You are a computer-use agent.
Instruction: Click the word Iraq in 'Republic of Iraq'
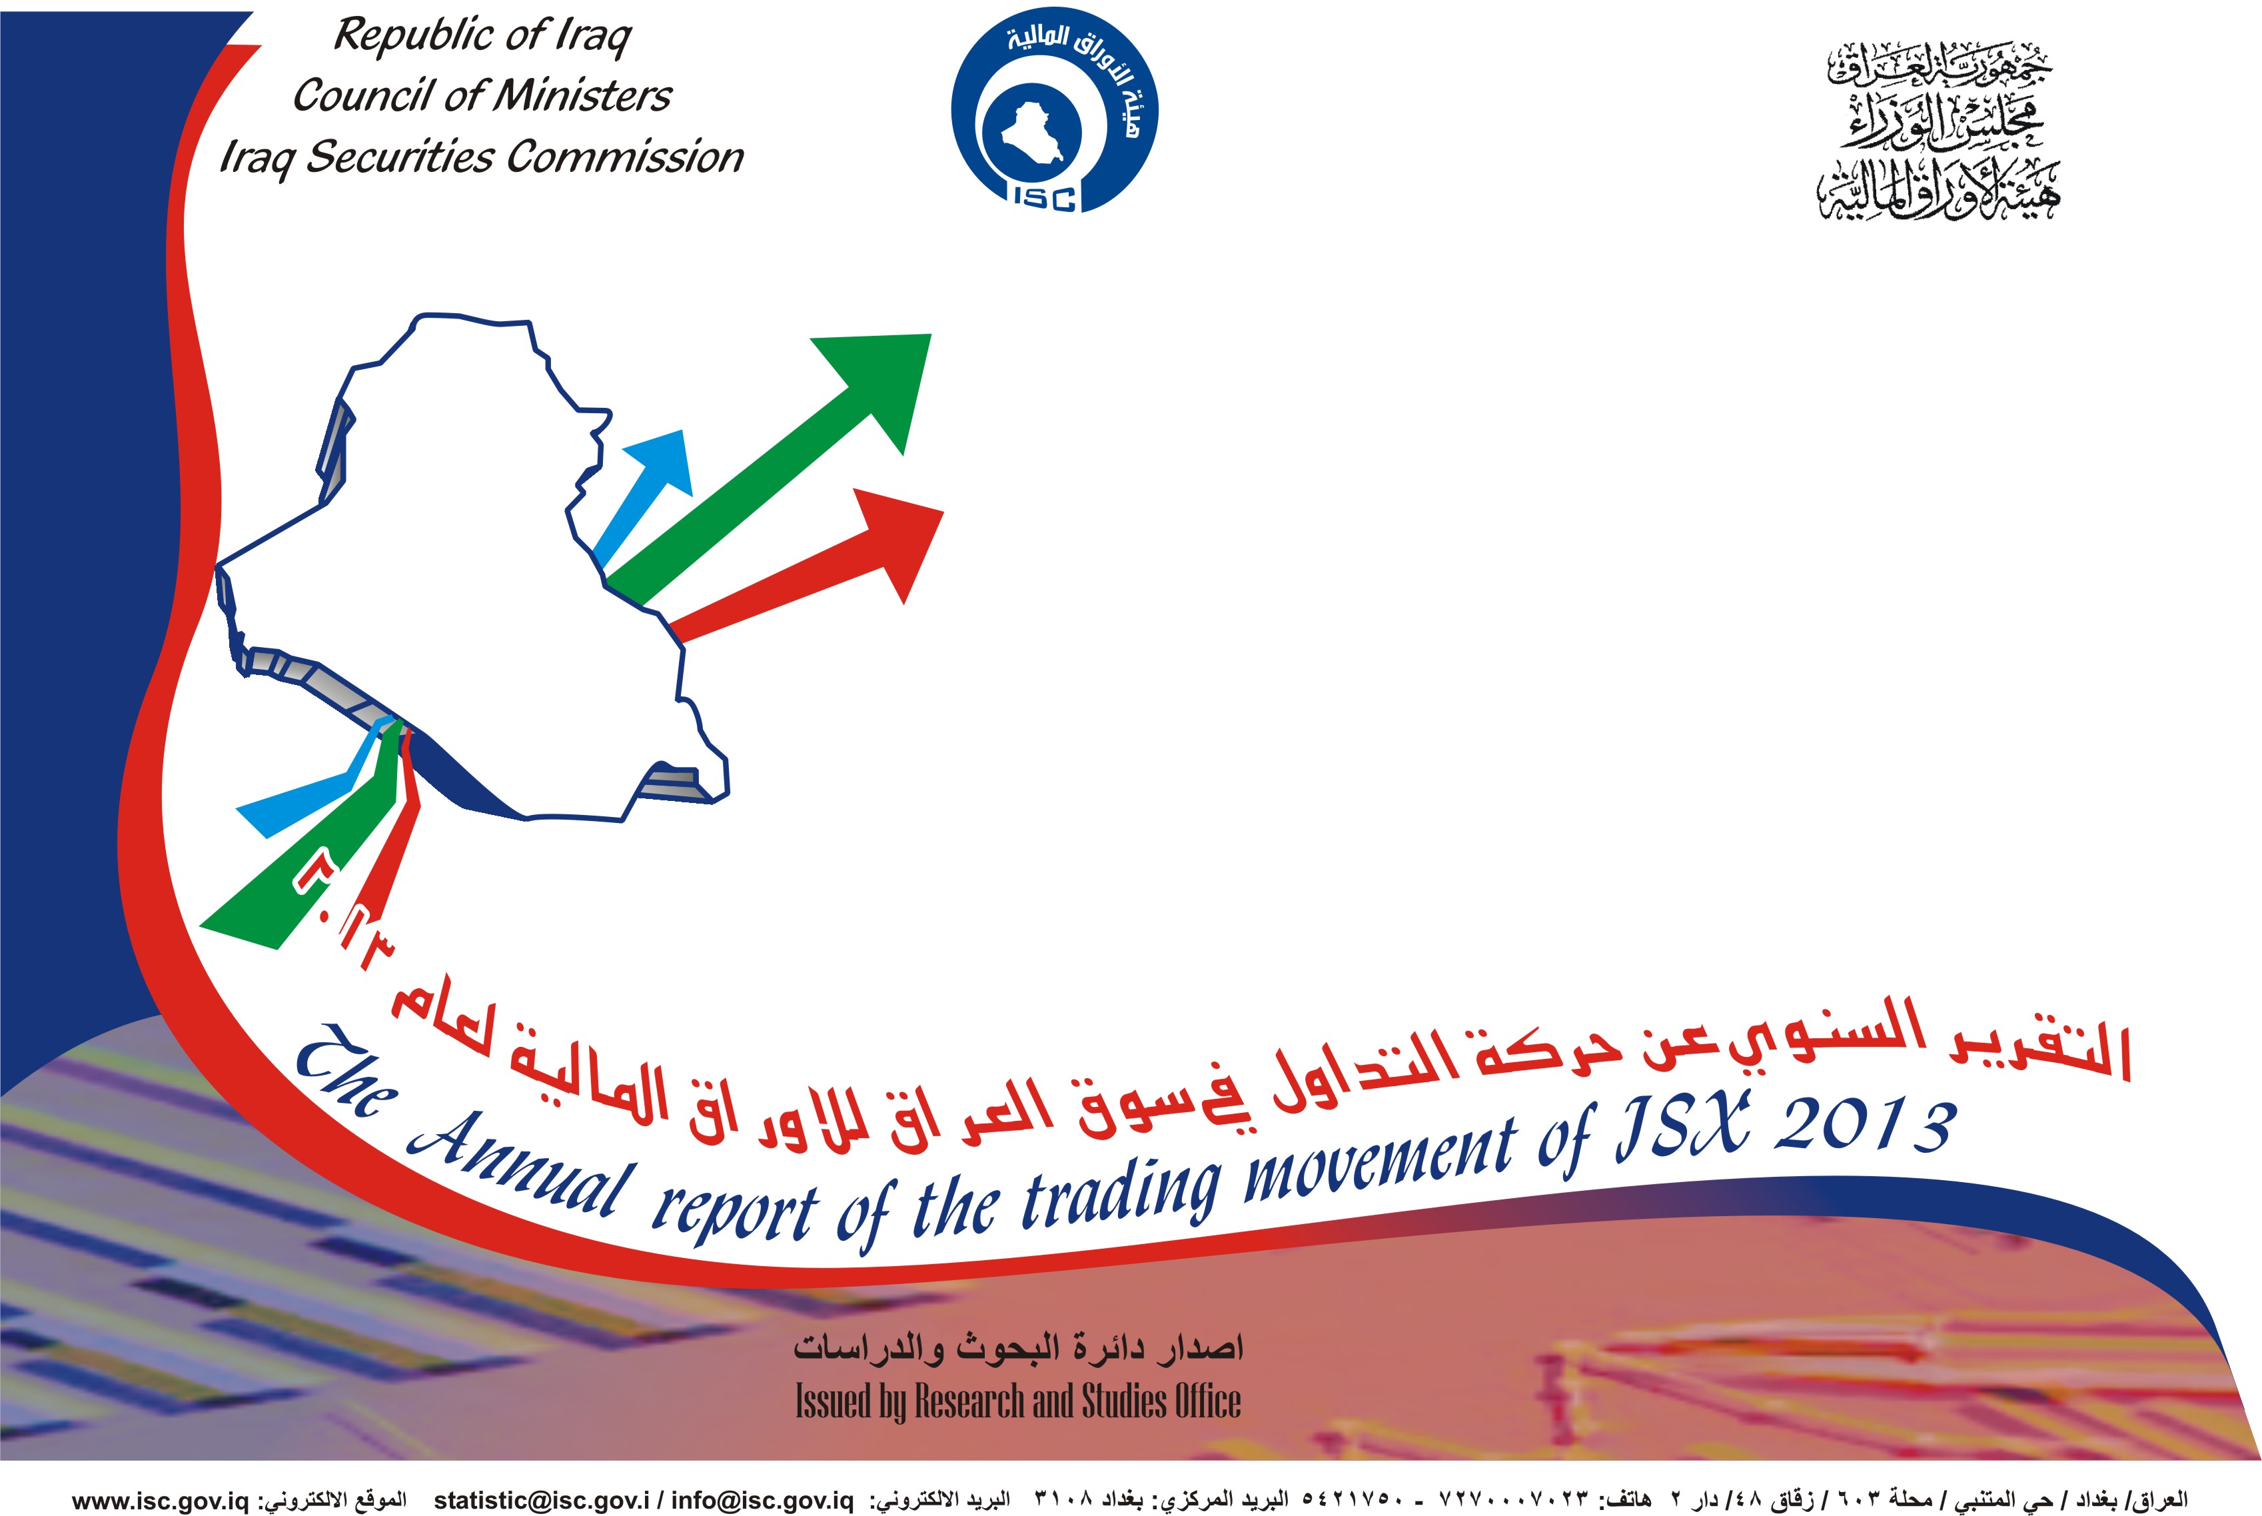tap(592, 37)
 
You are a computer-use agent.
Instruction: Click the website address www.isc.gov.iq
tap(161, 1501)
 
